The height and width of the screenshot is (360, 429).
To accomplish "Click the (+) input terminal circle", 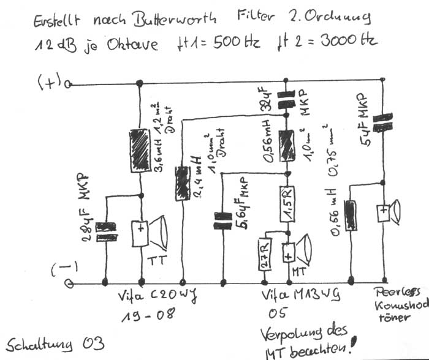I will coord(69,84).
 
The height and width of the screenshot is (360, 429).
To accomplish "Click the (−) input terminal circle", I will coord(69,283).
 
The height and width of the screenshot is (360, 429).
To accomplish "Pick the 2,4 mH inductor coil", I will coord(183,183).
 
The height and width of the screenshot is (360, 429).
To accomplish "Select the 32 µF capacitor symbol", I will coord(283,100).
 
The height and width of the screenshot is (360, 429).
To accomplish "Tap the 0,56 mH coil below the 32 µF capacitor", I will coord(283,146).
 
